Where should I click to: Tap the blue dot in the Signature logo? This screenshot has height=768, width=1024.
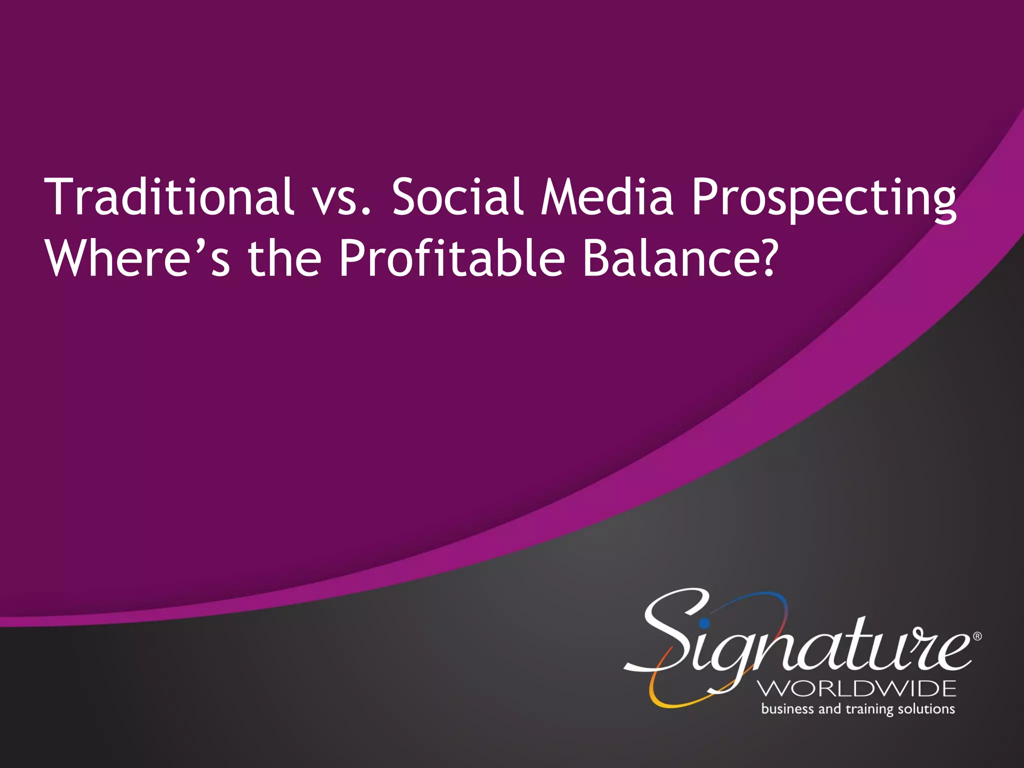(x=704, y=623)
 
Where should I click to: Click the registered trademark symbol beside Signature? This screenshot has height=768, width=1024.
(x=977, y=636)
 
